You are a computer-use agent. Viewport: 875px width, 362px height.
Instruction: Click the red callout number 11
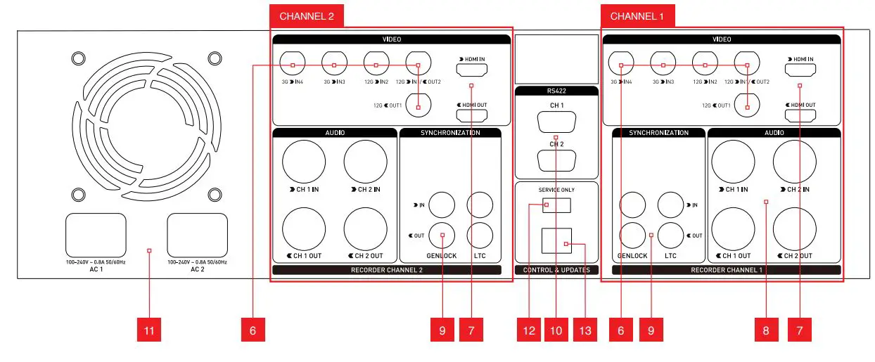pos(149,330)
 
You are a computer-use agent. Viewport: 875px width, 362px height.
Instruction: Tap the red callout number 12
pos(529,330)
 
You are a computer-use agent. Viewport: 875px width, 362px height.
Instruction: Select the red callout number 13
pos(585,330)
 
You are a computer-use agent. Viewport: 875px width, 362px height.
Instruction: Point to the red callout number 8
pos(765,330)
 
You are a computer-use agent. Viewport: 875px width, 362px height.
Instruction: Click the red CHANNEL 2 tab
pos(307,16)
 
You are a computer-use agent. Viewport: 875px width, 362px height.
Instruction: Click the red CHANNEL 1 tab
pos(637,16)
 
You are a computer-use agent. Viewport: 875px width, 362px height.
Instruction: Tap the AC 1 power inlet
pos(96,235)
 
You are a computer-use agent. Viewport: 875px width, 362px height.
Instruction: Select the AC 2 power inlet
pos(197,235)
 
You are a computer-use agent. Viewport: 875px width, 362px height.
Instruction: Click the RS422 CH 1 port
pos(556,124)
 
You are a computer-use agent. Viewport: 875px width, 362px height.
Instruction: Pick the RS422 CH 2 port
pos(556,160)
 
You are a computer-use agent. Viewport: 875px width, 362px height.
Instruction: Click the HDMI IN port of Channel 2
pos(472,70)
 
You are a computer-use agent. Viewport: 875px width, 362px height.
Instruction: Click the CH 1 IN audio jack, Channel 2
pos(304,161)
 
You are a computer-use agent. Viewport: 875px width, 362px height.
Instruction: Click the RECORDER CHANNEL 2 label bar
pos(386,270)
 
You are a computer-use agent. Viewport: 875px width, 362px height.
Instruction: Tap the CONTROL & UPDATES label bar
pos(556,270)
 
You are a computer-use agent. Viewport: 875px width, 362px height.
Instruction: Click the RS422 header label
pos(556,91)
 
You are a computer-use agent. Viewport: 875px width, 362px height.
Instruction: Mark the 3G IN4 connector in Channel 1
pos(621,65)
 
